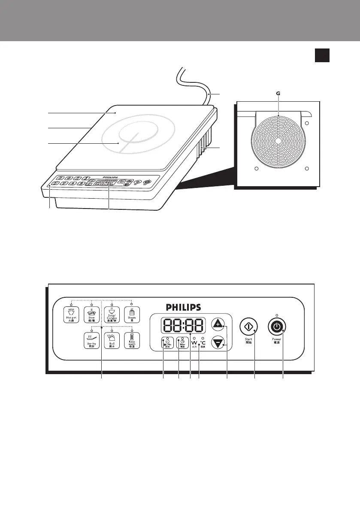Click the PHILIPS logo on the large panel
coord(183,308)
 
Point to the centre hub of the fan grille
coord(278,140)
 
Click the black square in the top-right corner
coord(322,55)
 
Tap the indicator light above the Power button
coord(277,315)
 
